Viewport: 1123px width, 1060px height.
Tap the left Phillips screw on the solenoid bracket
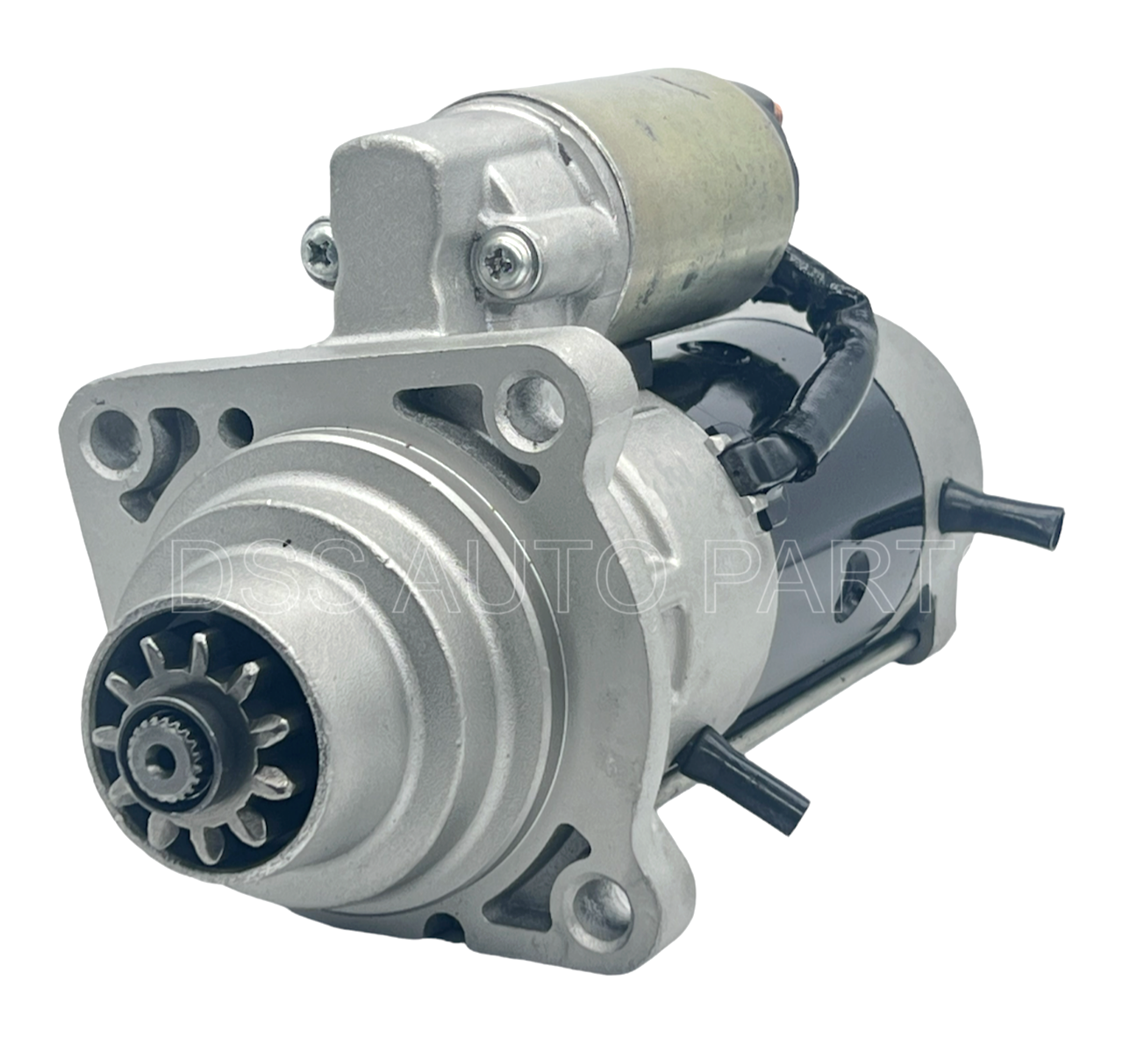(x=320, y=254)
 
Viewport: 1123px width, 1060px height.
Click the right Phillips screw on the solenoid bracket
(x=505, y=261)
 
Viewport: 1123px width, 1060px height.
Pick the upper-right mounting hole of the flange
(x=530, y=406)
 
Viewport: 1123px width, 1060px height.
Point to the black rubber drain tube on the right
(x=1001, y=513)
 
